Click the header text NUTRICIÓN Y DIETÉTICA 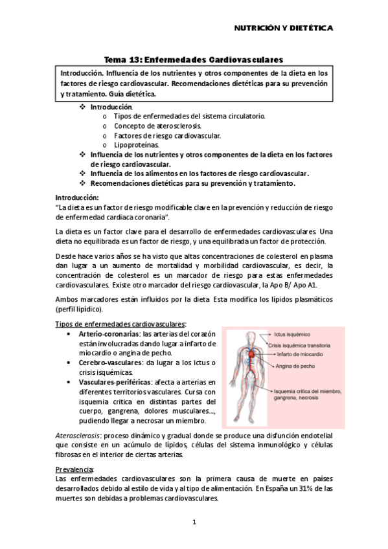coord(283,29)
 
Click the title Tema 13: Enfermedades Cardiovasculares coord(194,58)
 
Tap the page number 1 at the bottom coord(194,521)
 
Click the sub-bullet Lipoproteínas coord(136,146)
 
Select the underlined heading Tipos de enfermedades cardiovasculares coord(121,323)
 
